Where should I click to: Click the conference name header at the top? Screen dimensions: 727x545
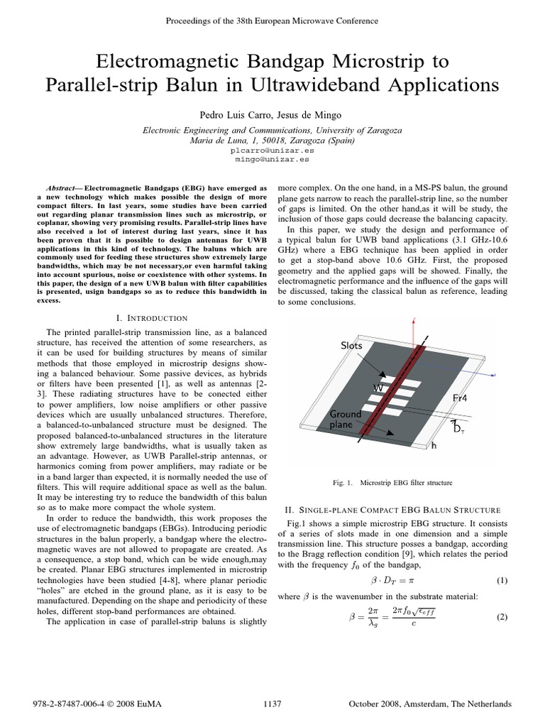[272, 21]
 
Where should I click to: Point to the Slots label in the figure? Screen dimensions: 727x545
[351, 345]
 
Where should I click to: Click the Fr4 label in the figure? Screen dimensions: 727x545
[463, 399]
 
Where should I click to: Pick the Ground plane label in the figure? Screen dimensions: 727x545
[346, 419]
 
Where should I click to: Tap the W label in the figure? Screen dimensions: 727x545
[378, 388]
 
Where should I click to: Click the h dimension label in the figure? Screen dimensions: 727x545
[435, 447]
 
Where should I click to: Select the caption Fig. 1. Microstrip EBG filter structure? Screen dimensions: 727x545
[392, 483]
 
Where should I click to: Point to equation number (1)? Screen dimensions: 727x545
[502, 580]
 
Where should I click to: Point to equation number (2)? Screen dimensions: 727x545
[502, 618]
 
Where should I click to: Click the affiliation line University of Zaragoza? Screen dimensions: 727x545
[272, 130]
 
